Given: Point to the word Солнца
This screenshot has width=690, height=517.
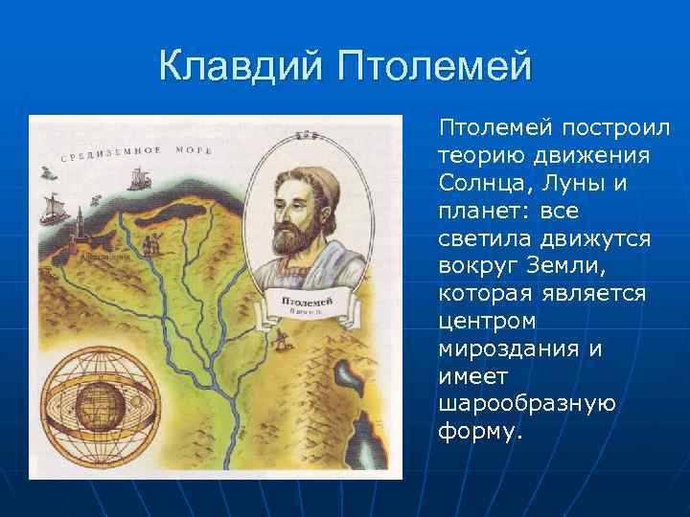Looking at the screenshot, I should (x=476, y=182).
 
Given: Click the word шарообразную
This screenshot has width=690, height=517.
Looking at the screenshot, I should (x=526, y=404).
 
